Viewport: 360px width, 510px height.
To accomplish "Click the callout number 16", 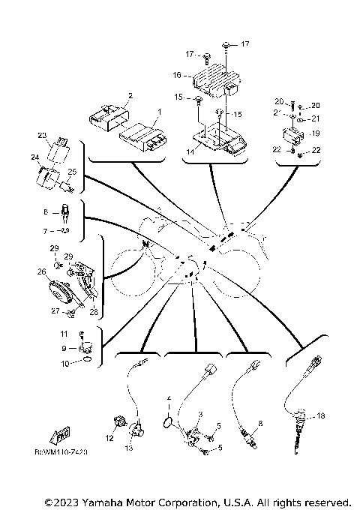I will pos(177,75).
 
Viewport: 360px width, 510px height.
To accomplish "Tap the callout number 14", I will pos(190,152).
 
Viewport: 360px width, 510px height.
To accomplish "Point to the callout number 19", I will pos(316,133).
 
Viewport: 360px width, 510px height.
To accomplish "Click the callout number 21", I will pos(316,118).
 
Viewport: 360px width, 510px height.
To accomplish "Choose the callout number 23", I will pos(42,136).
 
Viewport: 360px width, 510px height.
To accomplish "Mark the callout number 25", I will pos(72,172).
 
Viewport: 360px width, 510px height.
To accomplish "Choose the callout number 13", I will pos(128,448).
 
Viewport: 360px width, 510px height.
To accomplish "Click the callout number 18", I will pos(321,415).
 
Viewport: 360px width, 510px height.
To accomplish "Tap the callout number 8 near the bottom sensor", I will pos(260,424).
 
